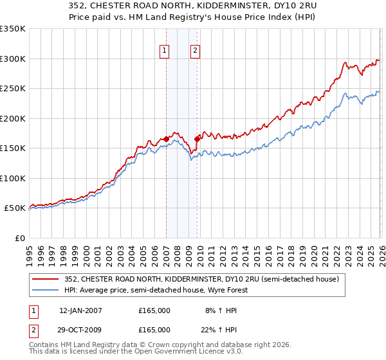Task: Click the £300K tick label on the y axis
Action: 13,59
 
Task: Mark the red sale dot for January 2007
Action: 166,139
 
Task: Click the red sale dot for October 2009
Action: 198,139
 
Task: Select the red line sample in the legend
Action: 45,279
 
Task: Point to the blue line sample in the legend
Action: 45,290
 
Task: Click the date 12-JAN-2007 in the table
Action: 80,310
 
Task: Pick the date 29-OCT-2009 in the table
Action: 80,329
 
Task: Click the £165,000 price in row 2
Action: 154,329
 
